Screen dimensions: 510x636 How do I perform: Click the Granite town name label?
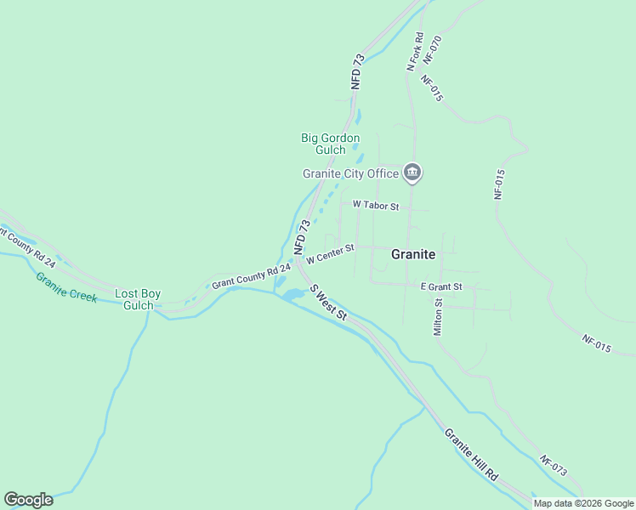(x=413, y=254)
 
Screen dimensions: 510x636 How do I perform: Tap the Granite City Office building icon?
(x=412, y=173)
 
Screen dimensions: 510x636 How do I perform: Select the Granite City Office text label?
(x=351, y=174)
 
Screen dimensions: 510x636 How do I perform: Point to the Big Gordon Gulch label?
(x=331, y=144)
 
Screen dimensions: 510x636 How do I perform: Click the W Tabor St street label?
(x=376, y=206)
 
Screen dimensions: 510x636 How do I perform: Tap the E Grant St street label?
(x=441, y=287)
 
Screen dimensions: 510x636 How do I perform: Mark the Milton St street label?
(x=438, y=317)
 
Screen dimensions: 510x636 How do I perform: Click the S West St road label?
(x=329, y=303)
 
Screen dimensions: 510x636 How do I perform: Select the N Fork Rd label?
(x=414, y=51)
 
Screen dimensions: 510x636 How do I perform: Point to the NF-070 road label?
(x=433, y=49)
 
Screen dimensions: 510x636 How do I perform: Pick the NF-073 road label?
(x=553, y=465)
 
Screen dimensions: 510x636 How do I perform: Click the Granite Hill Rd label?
(x=471, y=455)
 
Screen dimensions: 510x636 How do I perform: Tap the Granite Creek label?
(x=66, y=288)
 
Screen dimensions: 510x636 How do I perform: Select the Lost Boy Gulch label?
(x=138, y=300)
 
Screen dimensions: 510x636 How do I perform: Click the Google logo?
(x=28, y=500)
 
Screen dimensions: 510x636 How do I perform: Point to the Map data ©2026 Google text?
(x=583, y=503)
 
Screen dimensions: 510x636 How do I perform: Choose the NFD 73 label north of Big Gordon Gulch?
(x=358, y=71)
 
